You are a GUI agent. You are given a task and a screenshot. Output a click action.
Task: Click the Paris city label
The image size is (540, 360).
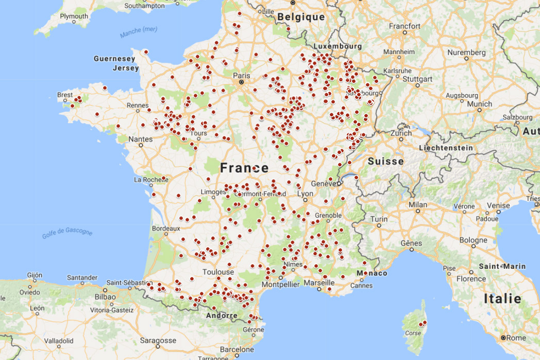[x=241, y=75]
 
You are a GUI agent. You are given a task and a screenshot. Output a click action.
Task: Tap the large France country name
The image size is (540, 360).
[x=244, y=168]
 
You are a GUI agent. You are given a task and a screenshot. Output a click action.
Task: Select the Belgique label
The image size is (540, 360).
[x=301, y=17]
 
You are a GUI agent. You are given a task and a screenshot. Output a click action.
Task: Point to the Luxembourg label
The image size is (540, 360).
[x=337, y=46]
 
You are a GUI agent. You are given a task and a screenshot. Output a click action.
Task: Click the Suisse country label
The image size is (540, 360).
[x=385, y=161]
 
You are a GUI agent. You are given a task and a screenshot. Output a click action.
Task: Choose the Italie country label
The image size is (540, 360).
[x=502, y=298]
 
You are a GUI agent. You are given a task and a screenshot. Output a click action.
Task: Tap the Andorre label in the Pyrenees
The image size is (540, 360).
[x=222, y=316]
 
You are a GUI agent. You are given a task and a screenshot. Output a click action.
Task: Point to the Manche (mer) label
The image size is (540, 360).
[x=139, y=33]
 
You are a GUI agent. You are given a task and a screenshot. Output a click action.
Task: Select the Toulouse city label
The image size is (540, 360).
[x=218, y=272]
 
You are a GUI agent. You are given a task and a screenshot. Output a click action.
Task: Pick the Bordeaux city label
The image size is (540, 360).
[x=166, y=228]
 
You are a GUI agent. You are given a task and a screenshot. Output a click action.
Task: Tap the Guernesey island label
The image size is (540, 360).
[x=114, y=59]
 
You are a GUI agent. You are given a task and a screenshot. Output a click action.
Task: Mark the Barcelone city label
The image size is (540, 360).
[x=237, y=349]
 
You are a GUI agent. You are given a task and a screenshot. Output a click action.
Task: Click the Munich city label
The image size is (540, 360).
[x=480, y=104]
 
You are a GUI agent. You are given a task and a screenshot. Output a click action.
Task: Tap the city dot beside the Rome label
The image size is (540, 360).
[x=503, y=338]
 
